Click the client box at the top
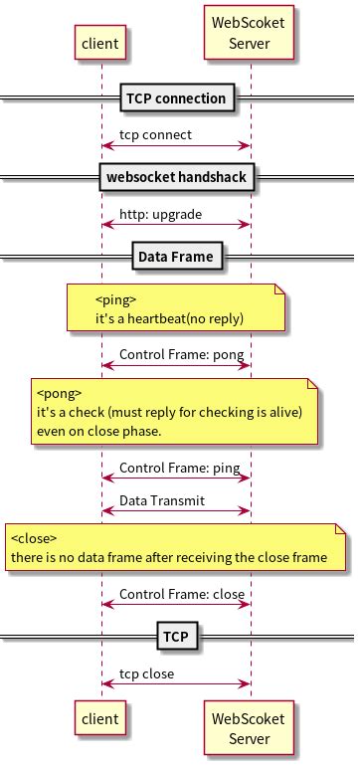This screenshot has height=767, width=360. [x=101, y=43]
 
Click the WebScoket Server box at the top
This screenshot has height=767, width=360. [x=249, y=33]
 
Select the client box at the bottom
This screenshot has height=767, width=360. [x=101, y=718]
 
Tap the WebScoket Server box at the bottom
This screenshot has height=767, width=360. [x=249, y=728]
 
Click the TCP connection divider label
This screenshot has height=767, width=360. [x=178, y=97]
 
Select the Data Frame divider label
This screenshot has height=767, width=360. [x=175, y=256]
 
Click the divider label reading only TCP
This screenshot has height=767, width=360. [x=175, y=635]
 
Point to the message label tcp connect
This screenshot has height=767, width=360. [x=155, y=134]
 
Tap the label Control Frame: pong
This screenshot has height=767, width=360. [x=181, y=354]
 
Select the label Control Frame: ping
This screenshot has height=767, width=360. [x=179, y=468]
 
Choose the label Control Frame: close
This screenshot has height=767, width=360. [x=182, y=594]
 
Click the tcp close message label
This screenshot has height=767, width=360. [x=146, y=672]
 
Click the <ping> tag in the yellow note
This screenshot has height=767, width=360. [x=115, y=299]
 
